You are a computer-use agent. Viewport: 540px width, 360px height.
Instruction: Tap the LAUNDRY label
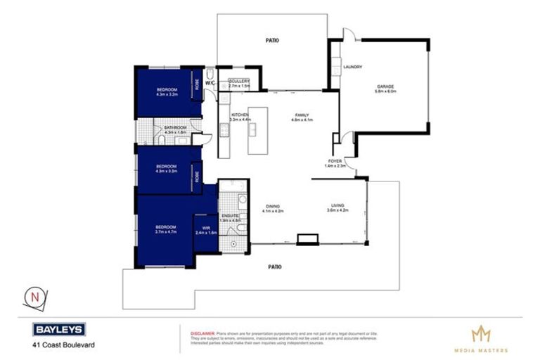(x=352, y=67)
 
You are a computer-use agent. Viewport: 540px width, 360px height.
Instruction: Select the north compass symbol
(x=33, y=297)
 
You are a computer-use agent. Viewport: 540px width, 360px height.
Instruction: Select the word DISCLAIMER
(x=203, y=328)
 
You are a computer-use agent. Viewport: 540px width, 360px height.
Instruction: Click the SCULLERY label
(x=239, y=81)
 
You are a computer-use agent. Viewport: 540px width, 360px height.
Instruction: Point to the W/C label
(x=210, y=83)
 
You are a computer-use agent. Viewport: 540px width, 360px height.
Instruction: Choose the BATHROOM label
(x=175, y=127)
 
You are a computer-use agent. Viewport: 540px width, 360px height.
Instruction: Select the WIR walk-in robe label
(x=205, y=227)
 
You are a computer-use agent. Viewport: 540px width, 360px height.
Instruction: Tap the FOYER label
(x=334, y=161)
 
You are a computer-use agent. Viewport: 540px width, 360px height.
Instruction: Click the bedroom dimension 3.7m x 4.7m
(x=165, y=231)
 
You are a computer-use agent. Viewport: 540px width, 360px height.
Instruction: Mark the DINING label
(x=271, y=205)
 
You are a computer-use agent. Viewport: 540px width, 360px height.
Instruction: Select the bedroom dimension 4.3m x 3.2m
(x=166, y=94)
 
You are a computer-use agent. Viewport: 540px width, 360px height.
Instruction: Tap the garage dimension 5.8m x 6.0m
(x=386, y=91)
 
